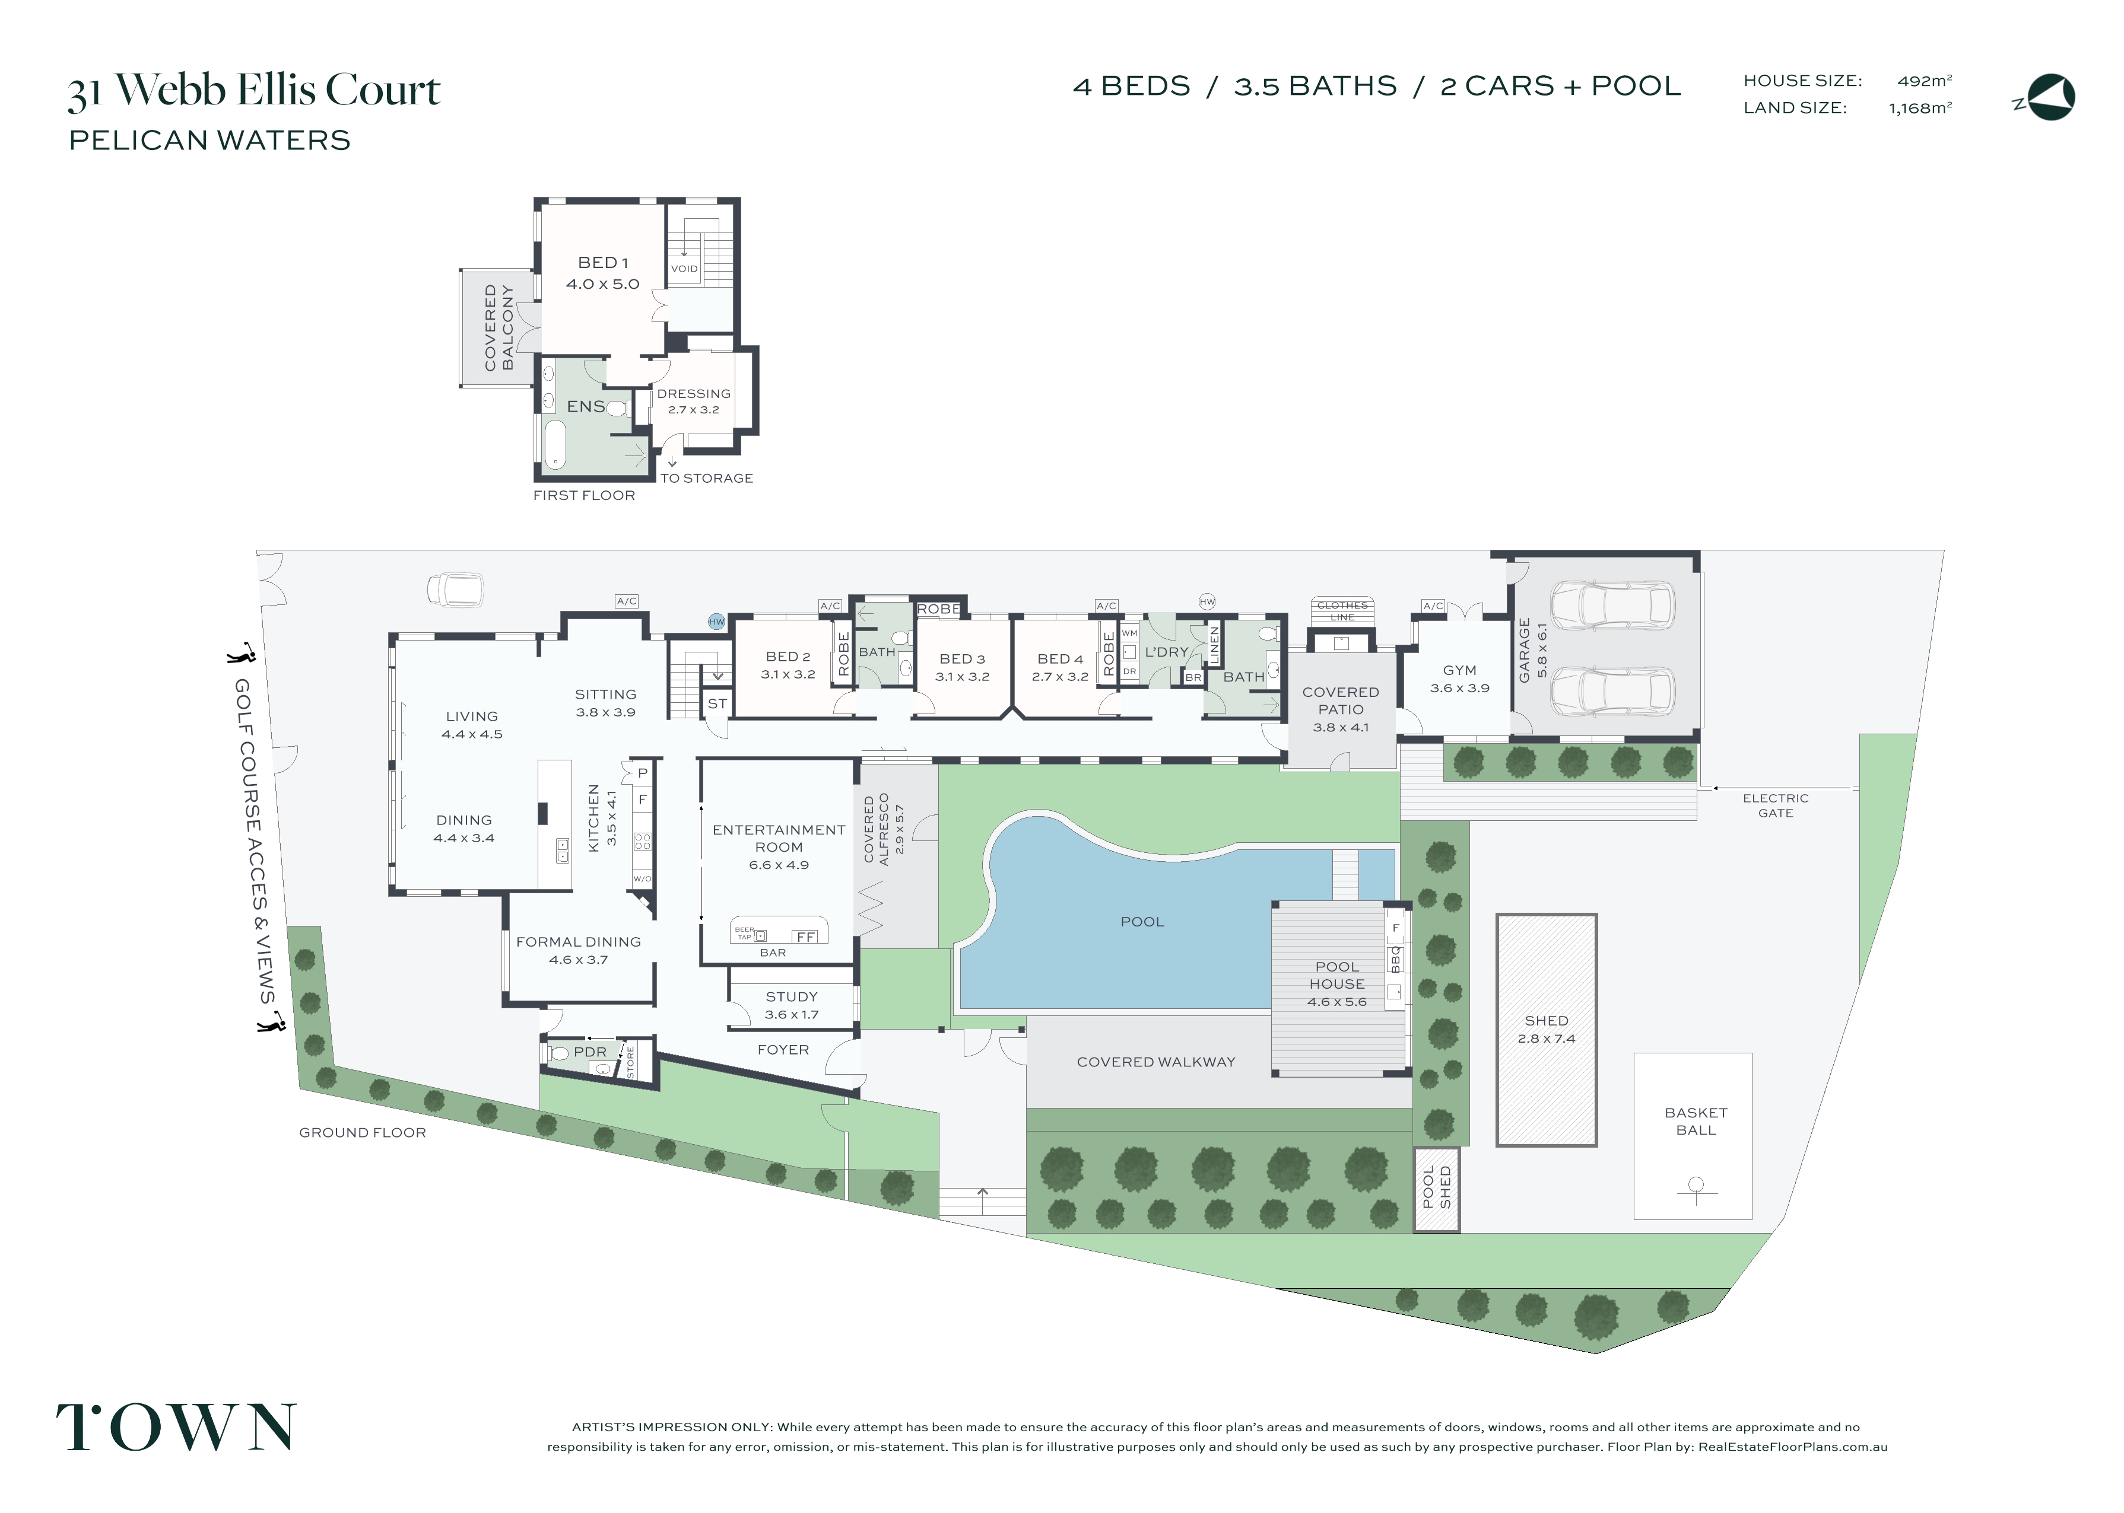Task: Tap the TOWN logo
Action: coord(176,1427)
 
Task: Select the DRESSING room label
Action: coord(693,393)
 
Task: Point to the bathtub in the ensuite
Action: coord(554,445)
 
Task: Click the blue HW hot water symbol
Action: coord(716,622)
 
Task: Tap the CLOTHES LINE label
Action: coord(1342,610)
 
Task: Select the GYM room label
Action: coord(1459,670)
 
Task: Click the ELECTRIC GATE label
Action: coord(1776,805)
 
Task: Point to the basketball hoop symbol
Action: coord(1696,1189)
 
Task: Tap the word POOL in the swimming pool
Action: coord(1142,922)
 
